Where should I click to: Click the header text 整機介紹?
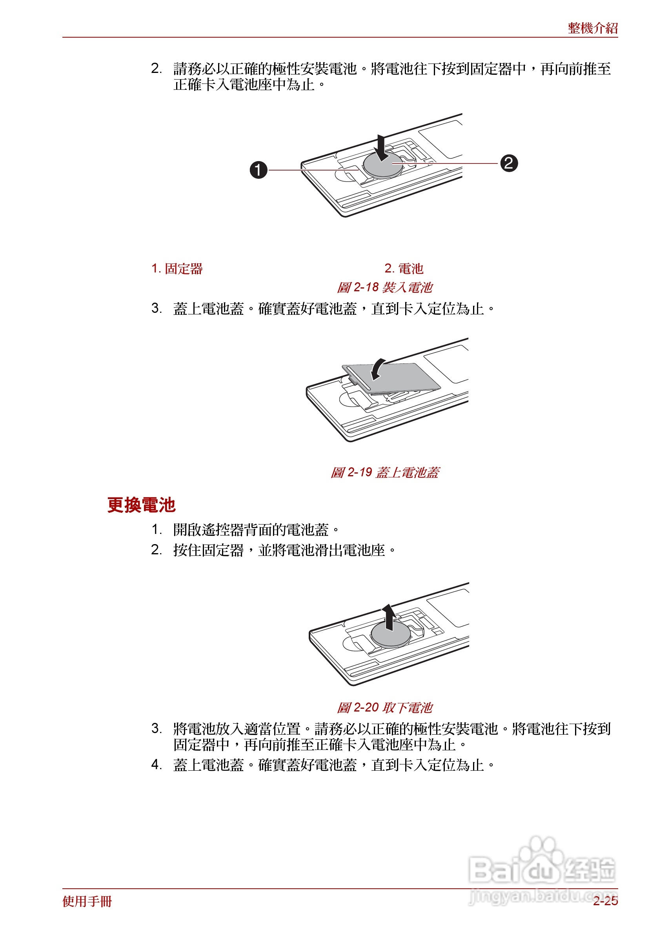pos(592,28)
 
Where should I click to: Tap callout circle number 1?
pos(258,170)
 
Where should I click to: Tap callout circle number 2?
pos(509,163)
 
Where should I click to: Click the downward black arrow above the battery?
pos(381,147)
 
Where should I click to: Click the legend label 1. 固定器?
pos(177,269)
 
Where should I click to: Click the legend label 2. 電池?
pos(404,269)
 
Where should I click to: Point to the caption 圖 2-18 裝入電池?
pos(384,288)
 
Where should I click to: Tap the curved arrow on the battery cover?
pos(378,368)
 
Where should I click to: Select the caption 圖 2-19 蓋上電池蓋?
pos(384,472)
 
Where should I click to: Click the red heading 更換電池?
pos(141,505)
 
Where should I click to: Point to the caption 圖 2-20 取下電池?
pos(384,708)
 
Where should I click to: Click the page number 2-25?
pos(605,901)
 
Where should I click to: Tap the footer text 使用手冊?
pos(87,901)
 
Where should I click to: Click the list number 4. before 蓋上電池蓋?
pos(156,764)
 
